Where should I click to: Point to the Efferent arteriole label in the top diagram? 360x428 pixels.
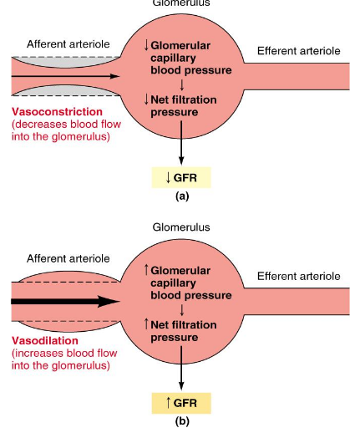point(298,51)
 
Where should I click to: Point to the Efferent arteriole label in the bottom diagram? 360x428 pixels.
point(298,276)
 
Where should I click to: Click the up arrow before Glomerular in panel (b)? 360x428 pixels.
point(148,268)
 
